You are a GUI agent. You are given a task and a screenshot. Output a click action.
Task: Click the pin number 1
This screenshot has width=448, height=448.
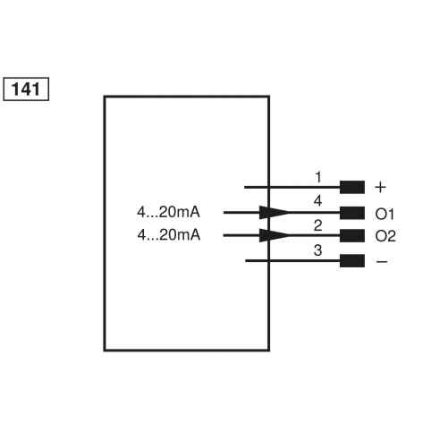tap(317, 177)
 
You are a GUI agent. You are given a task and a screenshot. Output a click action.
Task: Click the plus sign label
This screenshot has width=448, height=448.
tap(380, 188)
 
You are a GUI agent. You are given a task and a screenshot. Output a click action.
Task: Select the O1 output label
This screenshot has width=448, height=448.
tap(385, 213)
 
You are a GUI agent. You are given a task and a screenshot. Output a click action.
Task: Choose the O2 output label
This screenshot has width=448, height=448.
tap(385, 236)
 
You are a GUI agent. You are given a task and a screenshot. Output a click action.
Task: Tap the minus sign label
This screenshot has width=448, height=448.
tap(380, 261)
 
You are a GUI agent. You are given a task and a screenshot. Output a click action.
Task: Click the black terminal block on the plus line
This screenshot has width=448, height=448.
tap(352, 188)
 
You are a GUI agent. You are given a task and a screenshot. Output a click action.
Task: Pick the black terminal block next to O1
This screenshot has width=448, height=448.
tap(352, 213)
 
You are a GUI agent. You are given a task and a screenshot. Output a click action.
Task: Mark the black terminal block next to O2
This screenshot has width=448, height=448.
tap(352, 236)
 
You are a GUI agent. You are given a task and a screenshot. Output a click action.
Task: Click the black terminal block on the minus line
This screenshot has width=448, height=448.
tap(352, 261)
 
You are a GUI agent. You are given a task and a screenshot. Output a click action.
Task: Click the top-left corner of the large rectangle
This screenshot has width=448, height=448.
tap(105, 96)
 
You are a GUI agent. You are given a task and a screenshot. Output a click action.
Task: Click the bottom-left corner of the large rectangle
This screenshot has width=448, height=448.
tap(105, 350)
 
